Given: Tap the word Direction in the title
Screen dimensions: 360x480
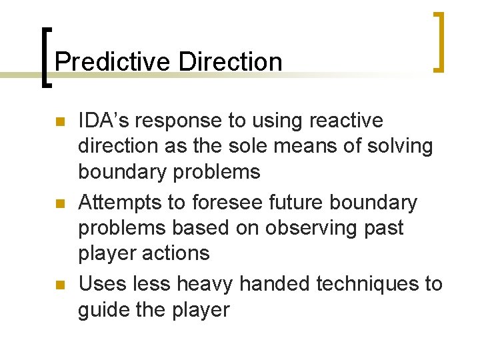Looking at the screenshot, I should pyautogui.click(x=231, y=62).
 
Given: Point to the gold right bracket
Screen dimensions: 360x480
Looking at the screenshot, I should pyautogui.click(x=438, y=41).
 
